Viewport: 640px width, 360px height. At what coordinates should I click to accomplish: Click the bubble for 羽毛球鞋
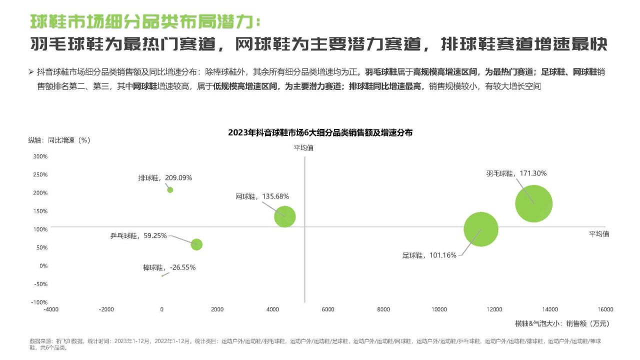pyautogui.click(x=533, y=203)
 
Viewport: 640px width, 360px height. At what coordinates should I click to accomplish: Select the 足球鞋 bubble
pyautogui.click(x=481, y=229)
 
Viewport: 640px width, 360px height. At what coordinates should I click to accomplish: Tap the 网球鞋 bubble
pyautogui.click(x=285, y=216)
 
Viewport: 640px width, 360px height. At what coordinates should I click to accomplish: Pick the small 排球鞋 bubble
pyautogui.click(x=170, y=190)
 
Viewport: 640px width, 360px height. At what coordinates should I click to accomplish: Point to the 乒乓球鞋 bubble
pyautogui.click(x=196, y=244)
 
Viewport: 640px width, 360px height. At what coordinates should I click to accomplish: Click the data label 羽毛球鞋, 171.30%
pyautogui.click(x=516, y=173)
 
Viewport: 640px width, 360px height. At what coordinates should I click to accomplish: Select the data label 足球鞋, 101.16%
pyautogui.click(x=429, y=255)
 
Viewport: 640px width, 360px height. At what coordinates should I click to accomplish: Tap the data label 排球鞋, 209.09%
pyautogui.click(x=165, y=177)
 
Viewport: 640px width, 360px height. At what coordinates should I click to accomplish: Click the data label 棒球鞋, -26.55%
pyautogui.click(x=169, y=267)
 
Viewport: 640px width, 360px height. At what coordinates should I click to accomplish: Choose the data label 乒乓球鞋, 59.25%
pyautogui.click(x=138, y=236)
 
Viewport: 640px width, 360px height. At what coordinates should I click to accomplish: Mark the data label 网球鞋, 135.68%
pyautogui.click(x=262, y=196)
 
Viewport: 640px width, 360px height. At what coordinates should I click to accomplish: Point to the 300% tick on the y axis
pyautogui.click(x=40, y=156)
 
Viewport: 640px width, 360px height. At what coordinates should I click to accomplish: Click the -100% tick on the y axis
pyautogui.click(x=39, y=302)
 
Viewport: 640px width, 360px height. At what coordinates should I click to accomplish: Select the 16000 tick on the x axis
pyautogui.click(x=605, y=309)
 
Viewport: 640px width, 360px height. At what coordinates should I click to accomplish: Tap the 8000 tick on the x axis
pyautogui.click(x=383, y=309)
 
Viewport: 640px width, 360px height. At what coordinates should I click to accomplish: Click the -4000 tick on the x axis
pyautogui.click(x=51, y=309)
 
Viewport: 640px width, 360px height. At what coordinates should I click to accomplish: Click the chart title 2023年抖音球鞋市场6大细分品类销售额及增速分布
pyautogui.click(x=320, y=133)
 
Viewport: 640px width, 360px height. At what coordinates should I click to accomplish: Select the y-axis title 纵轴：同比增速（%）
pyautogui.click(x=59, y=140)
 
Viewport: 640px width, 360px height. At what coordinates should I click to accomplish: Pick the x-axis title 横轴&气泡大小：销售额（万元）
pyautogui.click(x=562, y=323)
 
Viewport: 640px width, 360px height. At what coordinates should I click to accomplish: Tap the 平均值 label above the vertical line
pyautogui.click(x=303, y=147)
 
